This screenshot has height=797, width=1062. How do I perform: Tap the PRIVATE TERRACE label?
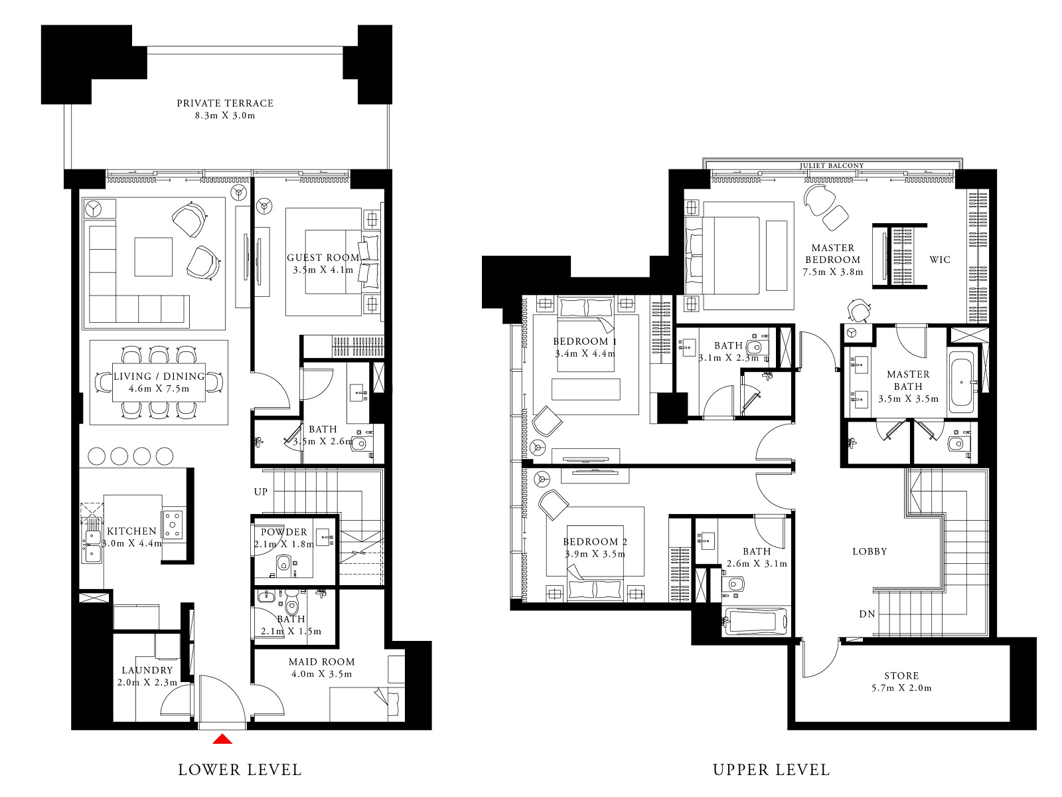pyautogui.click(x=225, y=103)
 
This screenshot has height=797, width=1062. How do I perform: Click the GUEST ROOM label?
pyautogui.click(x=323, y=258)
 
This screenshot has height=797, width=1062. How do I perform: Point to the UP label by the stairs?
pyautogui.click(x=261, y=491)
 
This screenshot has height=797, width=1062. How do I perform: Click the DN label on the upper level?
pyautogui.click(x=867, y=614)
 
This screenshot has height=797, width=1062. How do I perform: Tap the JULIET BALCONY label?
pyautogui.click(x=832, y=166)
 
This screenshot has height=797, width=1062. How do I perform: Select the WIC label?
pyautogui.click(x=940, y=260)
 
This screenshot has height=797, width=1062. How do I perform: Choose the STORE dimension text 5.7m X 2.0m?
pyautogui.click(x=901, y=688)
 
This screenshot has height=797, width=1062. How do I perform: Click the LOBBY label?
pyautogui.click(x=870, y=551)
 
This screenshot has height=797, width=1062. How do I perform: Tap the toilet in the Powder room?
pyautogui.click(x=284, y=565)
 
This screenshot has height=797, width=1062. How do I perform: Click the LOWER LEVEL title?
pyautogui.click(x=240, y=770)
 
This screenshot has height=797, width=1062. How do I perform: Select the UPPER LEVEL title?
pyautogui.click(x=771, y=770)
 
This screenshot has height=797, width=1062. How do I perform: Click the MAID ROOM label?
pyautogui.click(x=321, y=662)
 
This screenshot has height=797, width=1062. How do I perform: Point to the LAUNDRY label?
pyautogui.click(x=147, y=670)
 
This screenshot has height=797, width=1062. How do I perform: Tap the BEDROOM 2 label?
pyautogui.click(x=595, y=542)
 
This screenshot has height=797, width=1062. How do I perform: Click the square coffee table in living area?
pyautogui.click(x=153, y=256)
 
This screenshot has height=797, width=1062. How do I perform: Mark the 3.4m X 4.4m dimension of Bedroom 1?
pyautogui.click(x=585, y=354)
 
